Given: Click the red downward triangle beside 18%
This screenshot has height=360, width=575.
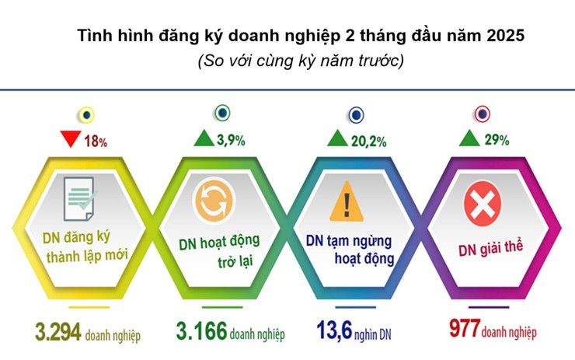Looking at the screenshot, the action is click(71, 138).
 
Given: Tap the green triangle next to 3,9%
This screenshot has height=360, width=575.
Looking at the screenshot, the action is click(204, 138).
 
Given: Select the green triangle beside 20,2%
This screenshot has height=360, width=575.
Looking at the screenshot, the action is click(337, 138).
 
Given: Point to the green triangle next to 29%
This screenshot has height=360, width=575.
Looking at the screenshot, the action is click(469, 138).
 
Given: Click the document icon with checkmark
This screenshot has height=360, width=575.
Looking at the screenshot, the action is click(80, 198).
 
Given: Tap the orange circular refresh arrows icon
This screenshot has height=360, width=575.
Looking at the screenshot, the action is click(214, 201).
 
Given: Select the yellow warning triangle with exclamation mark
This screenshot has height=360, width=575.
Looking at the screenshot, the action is click(347, 201).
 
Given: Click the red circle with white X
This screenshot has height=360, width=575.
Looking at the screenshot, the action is click(483, 203).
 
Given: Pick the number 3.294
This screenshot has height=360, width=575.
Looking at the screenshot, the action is click(58, 332).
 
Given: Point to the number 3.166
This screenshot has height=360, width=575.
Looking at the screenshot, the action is click(202, 330).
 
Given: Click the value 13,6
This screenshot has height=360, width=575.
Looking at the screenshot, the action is click(334, 330).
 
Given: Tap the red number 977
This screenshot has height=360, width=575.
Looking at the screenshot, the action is click(465, 328).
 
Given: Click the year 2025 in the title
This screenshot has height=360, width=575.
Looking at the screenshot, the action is click(506, 36).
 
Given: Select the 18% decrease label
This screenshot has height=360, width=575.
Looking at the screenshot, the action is click(96, 142).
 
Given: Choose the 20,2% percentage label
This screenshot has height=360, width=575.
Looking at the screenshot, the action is click(368, 142).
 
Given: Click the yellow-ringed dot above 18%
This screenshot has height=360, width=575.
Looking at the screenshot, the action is click(86, 115).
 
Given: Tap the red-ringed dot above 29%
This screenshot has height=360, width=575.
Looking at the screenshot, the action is click(483, 114).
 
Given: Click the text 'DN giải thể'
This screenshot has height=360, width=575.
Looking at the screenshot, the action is click(490, 249).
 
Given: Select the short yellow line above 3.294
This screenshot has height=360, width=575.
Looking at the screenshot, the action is click(89, 307).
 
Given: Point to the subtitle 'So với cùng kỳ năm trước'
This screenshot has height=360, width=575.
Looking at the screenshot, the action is click(301, 61).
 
